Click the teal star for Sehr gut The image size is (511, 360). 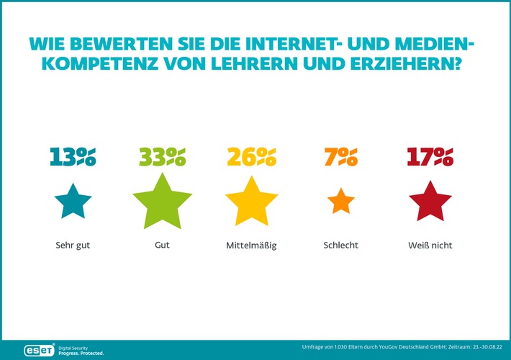(73, 202)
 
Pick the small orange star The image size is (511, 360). (341, 202)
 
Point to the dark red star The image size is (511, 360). (430, 202)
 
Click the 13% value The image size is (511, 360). (73, 156)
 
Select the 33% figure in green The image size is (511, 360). (162, 156)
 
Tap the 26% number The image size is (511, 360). (251, 156)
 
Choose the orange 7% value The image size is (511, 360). (341, 156)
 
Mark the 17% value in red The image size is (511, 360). (430, 156)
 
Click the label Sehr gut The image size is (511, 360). (73, 246)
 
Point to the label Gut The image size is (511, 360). (162, 246)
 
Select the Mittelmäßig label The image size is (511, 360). (251, 246)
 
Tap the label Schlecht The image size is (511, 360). (341, 246)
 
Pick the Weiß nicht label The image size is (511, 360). (430, 246)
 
